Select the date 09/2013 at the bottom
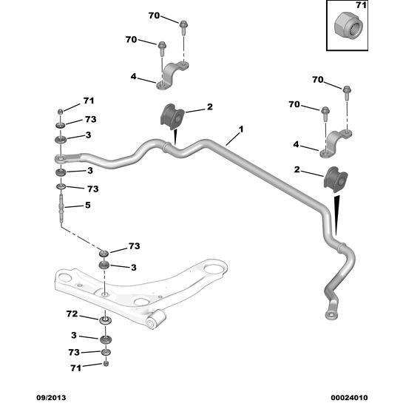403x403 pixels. coord(51,398)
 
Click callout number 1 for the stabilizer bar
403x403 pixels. coord(241,129)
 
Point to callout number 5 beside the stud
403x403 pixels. coord(88,205)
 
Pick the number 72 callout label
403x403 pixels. coord(72,314)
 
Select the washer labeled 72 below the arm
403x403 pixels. coord(105,320)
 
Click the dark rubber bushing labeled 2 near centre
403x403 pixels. coord(172,117)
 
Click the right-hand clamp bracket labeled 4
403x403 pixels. coord(336,143)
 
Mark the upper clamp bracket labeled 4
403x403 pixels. coord(173,76)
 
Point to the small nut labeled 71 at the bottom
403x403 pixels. coord(106,363)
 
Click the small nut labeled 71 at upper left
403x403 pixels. coord(60,112)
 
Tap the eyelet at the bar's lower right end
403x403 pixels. coord(331,314)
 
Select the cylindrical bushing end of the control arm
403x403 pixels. coord(155,319)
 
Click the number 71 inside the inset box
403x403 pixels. coord(362,5)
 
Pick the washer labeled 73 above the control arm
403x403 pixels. coord(104,254)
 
